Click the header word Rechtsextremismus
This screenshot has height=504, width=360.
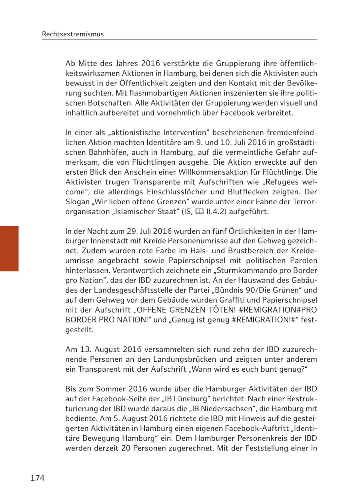click(x=72, y=34)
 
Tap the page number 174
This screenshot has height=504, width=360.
click(x=37, y=478)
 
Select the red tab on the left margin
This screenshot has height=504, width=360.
click(x=9, y=249)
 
